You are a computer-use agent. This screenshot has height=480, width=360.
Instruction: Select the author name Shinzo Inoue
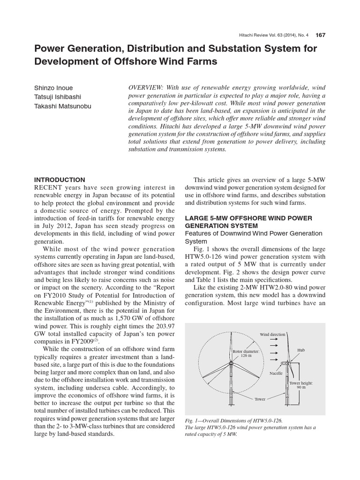pyautogui.click(x=53, y=88)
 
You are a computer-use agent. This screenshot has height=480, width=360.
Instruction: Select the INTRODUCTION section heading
pyautogui.click(x=59, y=180)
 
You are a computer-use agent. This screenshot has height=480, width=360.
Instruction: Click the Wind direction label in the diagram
pyautogui.click(x=272, y=334)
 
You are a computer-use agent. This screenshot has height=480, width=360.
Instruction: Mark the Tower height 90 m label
pyautogui.click(x=300, y=385)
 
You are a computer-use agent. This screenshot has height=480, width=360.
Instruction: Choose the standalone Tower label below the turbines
pyautogui.click(x=260, y=399)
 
